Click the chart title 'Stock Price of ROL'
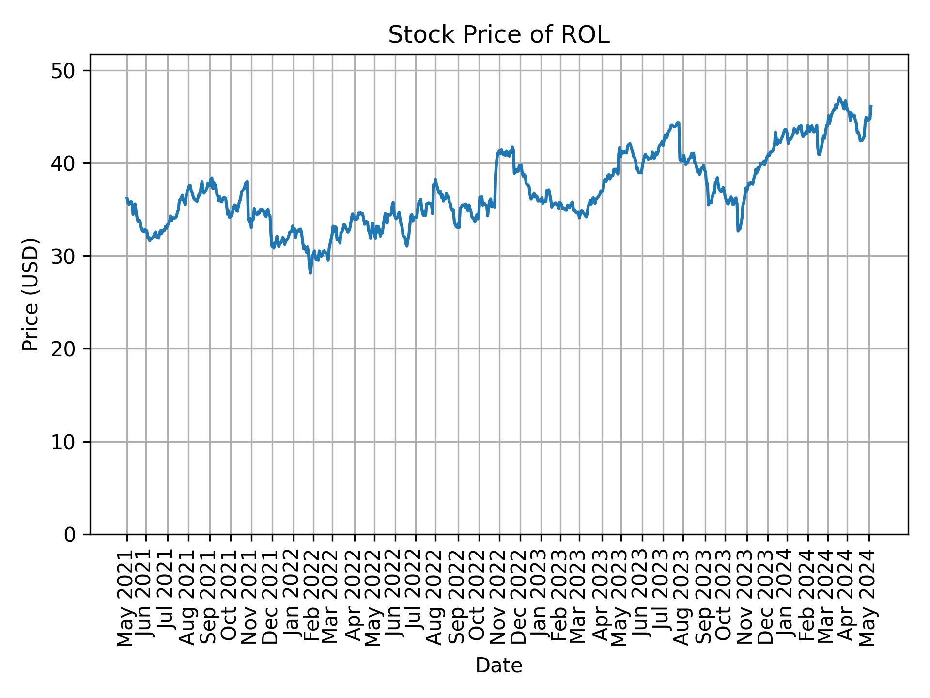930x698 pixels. pos(498,35)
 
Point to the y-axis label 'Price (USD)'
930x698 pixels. pos(31,294)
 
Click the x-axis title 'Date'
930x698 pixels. pos(498,666)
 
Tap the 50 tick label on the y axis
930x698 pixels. pos(63,71)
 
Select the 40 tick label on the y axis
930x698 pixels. pos(63,163)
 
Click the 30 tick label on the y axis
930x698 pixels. pos(63,256)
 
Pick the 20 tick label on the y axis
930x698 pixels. pos(63,349)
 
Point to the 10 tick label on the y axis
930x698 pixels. pos(63,442)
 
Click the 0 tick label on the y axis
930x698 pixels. pos(70,535)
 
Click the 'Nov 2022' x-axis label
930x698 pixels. pos(499,599)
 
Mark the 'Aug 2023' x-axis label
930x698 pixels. pos(683,599)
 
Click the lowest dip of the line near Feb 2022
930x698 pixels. pos(310,273)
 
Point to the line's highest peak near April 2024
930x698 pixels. pos(839,98)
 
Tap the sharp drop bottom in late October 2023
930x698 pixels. pos(738,231)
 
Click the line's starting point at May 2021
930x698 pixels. pos(127,198)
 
